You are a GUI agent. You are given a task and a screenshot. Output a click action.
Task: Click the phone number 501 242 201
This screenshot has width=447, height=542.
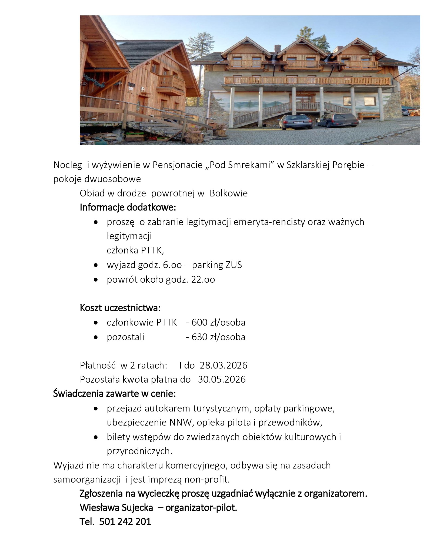pos(125,521)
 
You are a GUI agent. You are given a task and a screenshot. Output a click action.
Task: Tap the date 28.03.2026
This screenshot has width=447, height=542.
pos(223,365)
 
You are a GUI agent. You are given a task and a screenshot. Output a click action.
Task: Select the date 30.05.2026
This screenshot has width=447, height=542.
pos(222,379)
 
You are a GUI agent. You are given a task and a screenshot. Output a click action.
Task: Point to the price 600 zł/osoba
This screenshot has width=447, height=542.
pos(218,322)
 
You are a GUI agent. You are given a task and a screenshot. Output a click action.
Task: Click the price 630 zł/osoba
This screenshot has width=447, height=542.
pos(218,337)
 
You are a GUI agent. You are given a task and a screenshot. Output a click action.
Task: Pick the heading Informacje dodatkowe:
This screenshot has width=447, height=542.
pos(128,208)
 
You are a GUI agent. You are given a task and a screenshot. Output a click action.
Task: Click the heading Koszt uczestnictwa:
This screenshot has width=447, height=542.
pos(120,308)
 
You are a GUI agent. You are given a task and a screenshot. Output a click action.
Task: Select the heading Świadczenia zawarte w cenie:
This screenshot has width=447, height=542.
pos(114,394)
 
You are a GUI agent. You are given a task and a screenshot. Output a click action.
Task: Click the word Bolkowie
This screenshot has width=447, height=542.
pos(229,193)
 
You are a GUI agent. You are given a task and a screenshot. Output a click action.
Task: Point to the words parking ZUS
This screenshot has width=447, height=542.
pos(217,265)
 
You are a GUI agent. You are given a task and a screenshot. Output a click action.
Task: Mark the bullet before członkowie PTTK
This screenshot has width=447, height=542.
pos(95,323)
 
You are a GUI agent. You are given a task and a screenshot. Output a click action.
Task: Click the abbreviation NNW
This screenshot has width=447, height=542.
pos(180,422)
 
